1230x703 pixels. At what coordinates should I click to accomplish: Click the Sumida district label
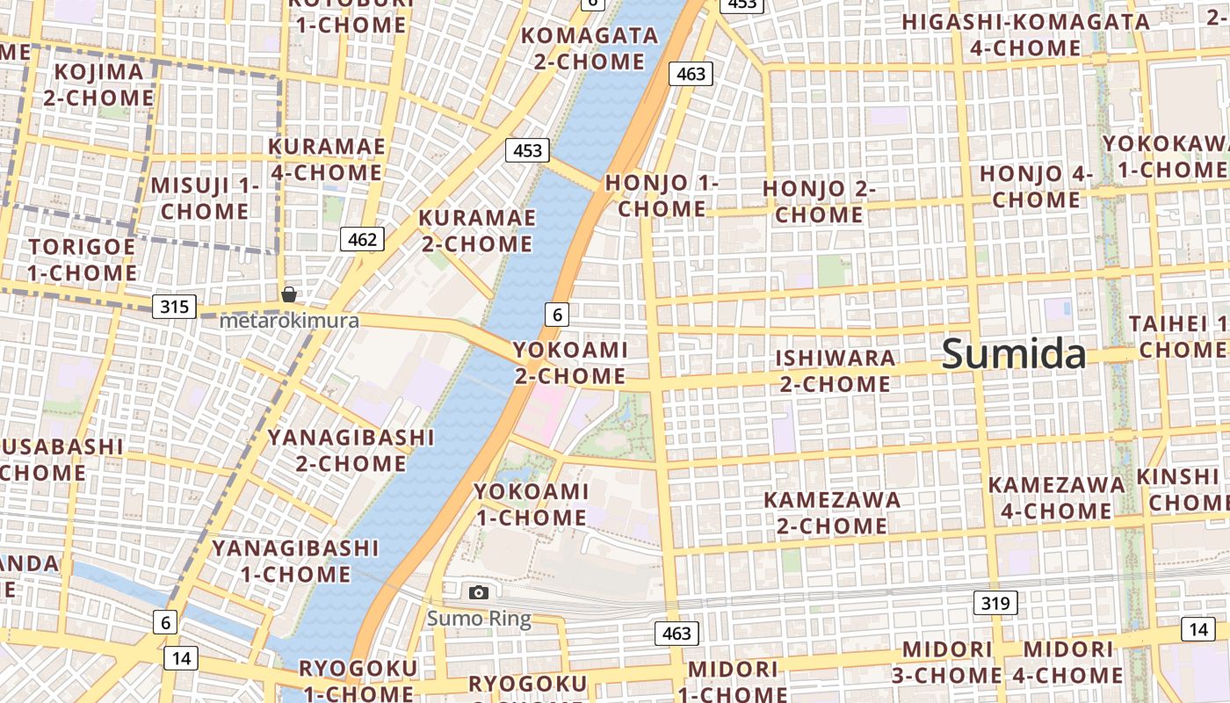(1014, 354)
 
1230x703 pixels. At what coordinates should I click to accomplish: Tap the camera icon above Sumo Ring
(478, 592)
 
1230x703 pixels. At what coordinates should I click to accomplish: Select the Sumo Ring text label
(479, 619)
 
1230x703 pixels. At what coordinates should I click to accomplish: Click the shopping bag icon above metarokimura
(288, 294)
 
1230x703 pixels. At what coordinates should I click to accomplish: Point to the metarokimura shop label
(289, 321)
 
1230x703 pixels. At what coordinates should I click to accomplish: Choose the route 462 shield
(362, 239)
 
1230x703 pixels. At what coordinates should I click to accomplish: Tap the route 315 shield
(174, 307)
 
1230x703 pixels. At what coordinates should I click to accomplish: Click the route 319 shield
(995, 603)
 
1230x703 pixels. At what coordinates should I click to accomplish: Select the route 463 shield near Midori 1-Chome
(676, 633)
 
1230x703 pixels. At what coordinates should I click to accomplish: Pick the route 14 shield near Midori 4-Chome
(1198, 628)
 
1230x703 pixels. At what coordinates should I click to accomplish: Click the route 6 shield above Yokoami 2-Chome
(557, 314)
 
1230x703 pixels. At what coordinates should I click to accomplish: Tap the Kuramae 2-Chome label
(476, 230)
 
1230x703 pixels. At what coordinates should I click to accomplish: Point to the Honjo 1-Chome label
(662, 195)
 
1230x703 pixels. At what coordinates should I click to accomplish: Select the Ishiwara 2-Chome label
(835, 371)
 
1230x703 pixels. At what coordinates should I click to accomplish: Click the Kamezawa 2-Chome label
(831, 512)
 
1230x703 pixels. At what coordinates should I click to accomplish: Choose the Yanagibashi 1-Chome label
(295, 561)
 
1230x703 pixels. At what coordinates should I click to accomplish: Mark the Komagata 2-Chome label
(590, 48)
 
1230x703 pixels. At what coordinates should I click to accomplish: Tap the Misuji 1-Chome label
(206, 198)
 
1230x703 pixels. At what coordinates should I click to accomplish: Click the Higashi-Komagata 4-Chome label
(1025, 35)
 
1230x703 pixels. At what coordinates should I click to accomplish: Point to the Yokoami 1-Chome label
(531, 504)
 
